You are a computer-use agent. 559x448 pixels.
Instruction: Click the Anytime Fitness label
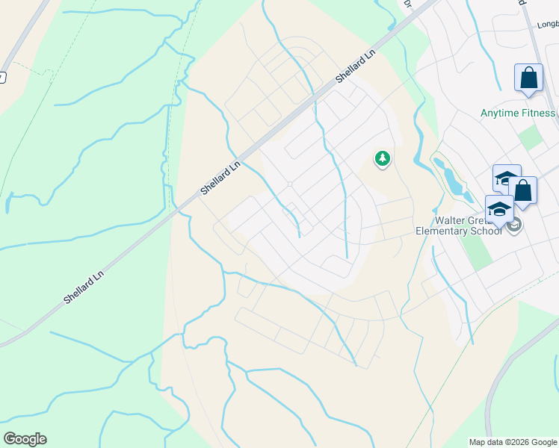point(518,113)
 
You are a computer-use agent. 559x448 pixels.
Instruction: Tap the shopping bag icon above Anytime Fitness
point(528,78)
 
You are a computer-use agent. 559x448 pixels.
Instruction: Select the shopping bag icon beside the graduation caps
point(523,191)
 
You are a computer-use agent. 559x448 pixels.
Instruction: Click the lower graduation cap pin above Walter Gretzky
point(498,210)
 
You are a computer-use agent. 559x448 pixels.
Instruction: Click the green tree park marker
point(383,158)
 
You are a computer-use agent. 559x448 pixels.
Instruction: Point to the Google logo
point(25,439)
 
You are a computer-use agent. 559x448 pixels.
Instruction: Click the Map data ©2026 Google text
point(512,442)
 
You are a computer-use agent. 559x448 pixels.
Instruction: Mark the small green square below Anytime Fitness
point(531,138)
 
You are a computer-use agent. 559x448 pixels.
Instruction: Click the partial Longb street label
point(548,25)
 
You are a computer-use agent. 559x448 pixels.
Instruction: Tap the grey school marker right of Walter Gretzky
point(515,225)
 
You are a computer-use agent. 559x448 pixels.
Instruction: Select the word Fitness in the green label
point(539,113)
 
